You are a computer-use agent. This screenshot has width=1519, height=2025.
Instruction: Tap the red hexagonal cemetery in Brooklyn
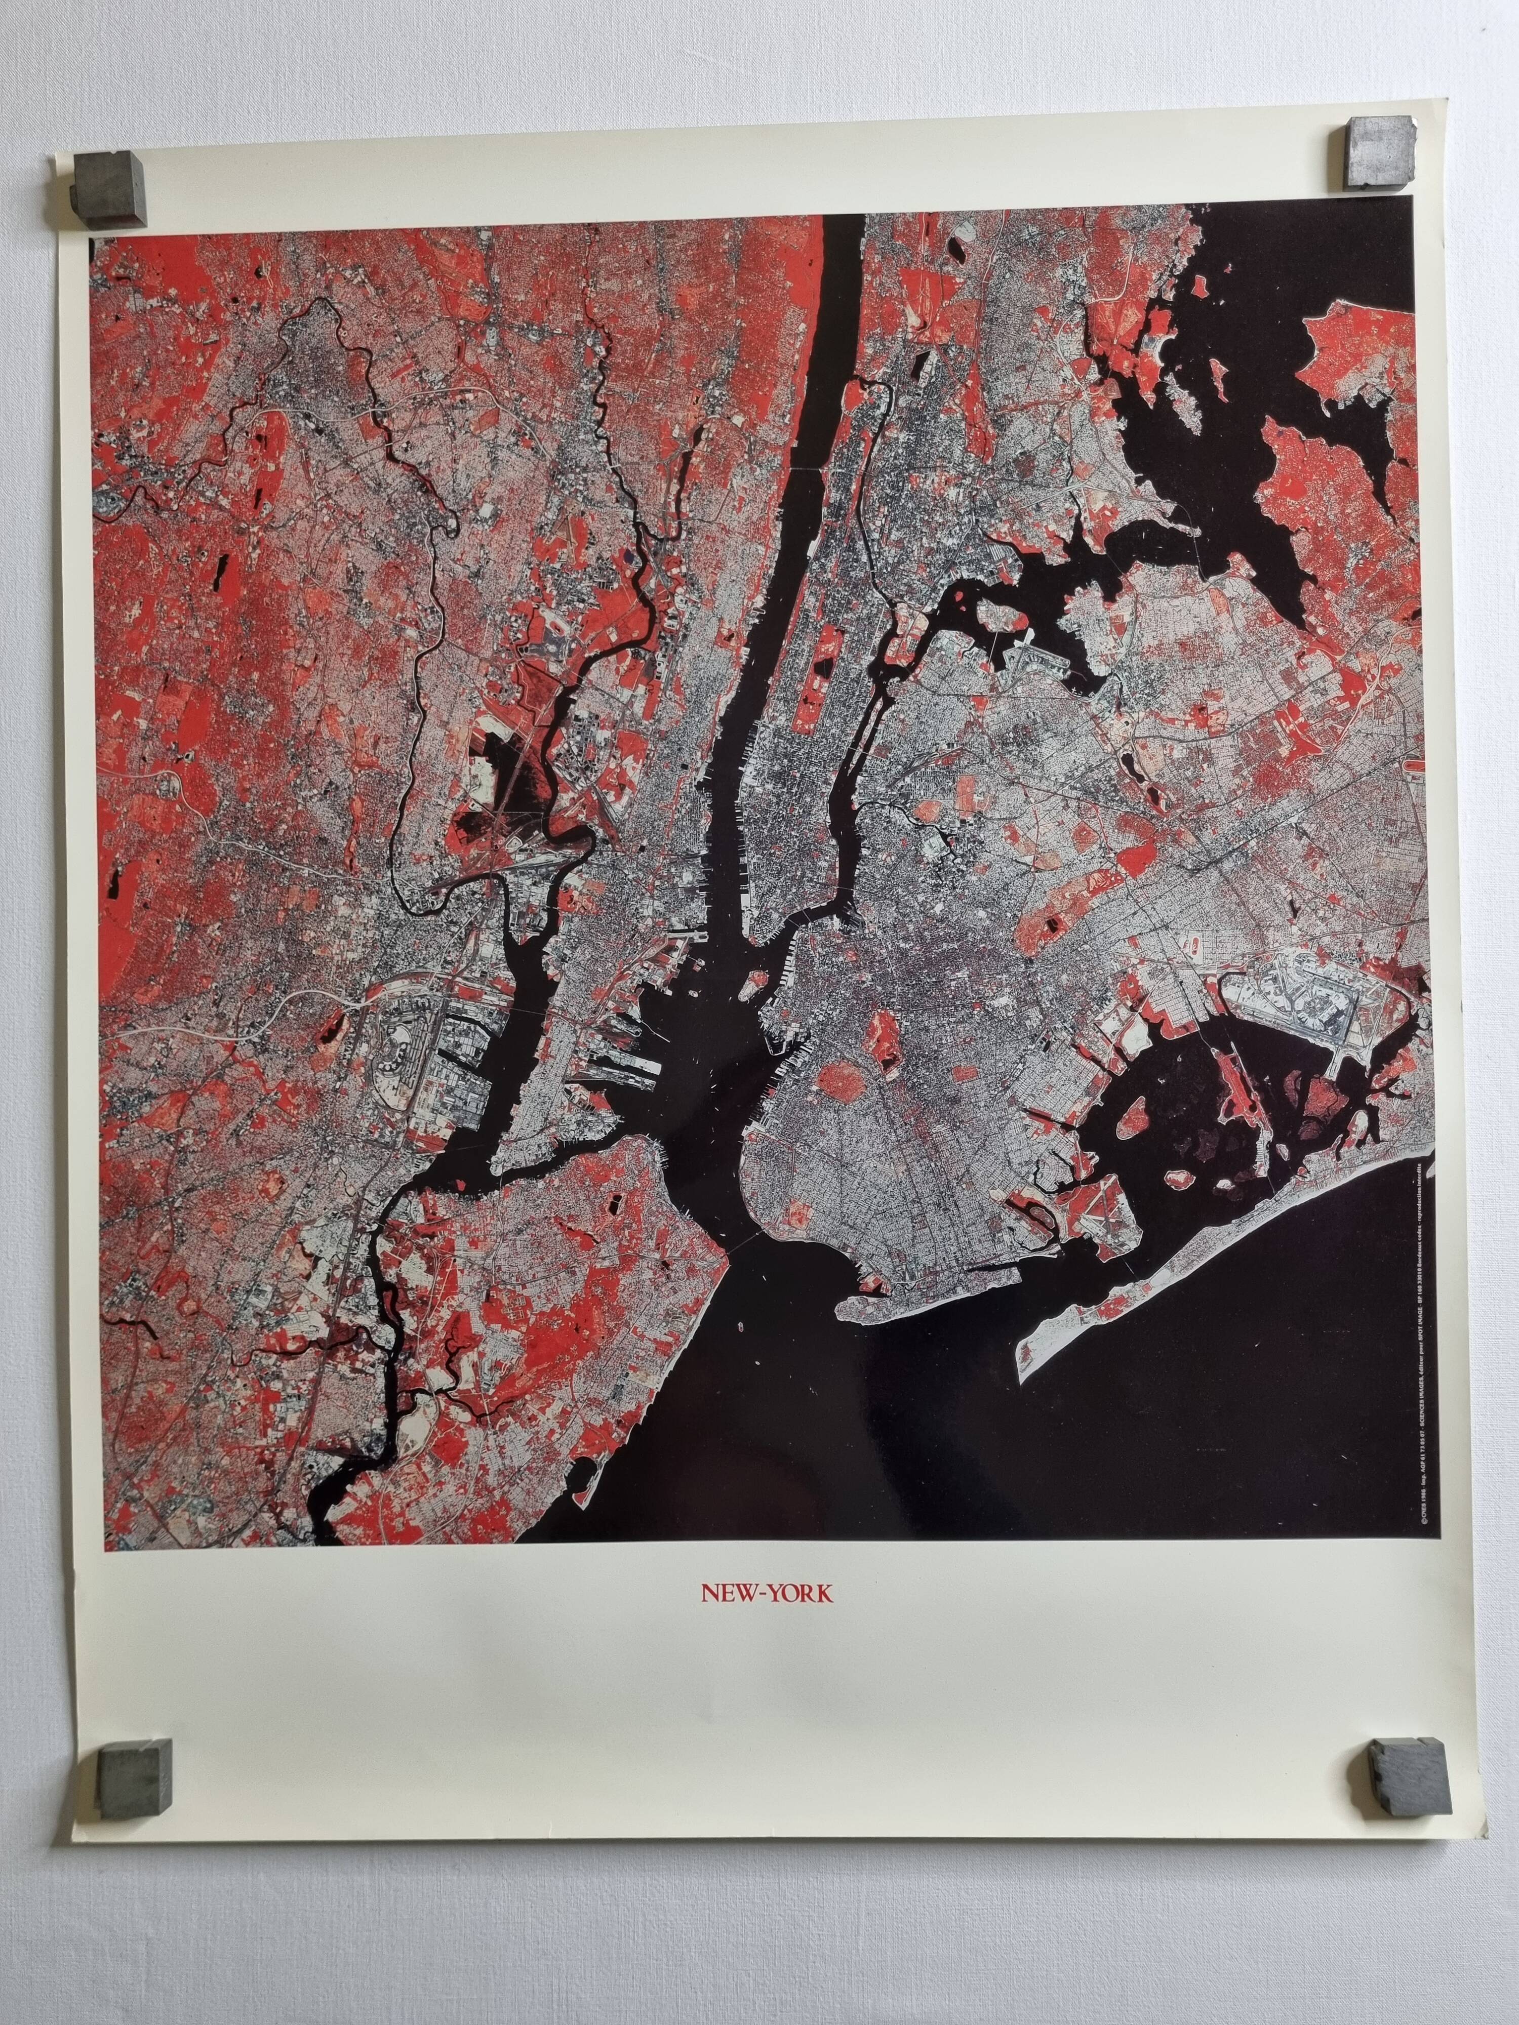[838, 1085]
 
